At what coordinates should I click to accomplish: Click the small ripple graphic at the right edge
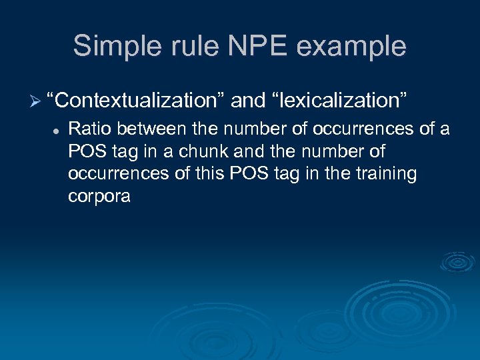457,262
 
